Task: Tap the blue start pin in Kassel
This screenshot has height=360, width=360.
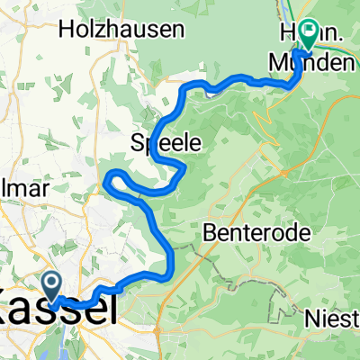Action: [x=53, y=286]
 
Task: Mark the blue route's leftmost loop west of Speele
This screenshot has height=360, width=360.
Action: [x=109, y=180]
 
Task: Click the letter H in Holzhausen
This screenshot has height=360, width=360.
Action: [x=66, y=29]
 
